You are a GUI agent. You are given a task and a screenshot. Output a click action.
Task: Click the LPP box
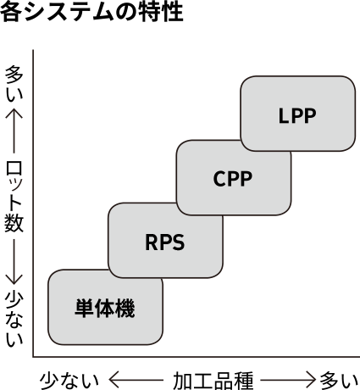[x=298, y=114]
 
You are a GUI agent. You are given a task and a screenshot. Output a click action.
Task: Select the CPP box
[x=234, y=177]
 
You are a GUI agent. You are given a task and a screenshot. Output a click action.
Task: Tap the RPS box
[x=165, y=241]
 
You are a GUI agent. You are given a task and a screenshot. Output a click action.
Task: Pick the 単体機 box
[x=105, y=307]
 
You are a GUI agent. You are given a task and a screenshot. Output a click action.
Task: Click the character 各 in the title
[x=11, y=12]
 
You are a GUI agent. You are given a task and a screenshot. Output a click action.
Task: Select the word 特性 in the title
[x=161, y=12]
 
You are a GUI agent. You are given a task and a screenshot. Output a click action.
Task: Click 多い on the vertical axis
[x=14, y=84]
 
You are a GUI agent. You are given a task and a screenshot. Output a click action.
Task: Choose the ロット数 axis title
[x=14, y=197]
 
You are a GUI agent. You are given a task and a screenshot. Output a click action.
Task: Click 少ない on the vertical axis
[x=14, y=318]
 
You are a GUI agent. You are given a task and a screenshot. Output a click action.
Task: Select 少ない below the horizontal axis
[x=69, y=381]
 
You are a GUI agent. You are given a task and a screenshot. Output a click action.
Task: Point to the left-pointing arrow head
[x=114, y=380]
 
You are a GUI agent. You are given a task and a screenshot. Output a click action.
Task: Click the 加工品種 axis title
[x=213, y=381]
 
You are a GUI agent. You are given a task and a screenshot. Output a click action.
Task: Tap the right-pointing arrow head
[x=310, y=380]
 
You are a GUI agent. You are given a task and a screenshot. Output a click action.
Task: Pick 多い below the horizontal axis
[x=339, y=381]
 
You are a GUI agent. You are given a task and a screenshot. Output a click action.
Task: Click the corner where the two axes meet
[x=33, y=357]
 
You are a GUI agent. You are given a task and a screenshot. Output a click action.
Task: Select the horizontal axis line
[x=197, y=357]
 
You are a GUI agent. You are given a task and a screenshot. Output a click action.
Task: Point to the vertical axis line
[x=33, y=203]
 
